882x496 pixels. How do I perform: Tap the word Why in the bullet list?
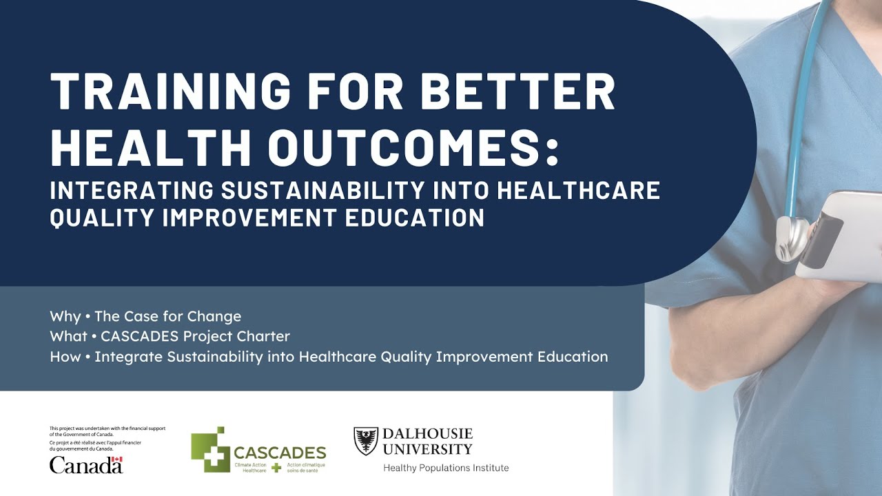click(65, 317)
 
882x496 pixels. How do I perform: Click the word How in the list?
click(65, 357)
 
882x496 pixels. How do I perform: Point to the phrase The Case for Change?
click(167, 317)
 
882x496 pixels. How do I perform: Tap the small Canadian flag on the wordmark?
click(117, 459)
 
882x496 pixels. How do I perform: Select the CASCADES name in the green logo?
click(279, 453)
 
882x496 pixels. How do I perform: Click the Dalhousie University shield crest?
click(366, 441)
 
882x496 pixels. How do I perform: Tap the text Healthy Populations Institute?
click(446, 468)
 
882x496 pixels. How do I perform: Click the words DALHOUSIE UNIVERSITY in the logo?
click(427, 441)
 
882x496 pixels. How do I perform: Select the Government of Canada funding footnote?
click(107, 439)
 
